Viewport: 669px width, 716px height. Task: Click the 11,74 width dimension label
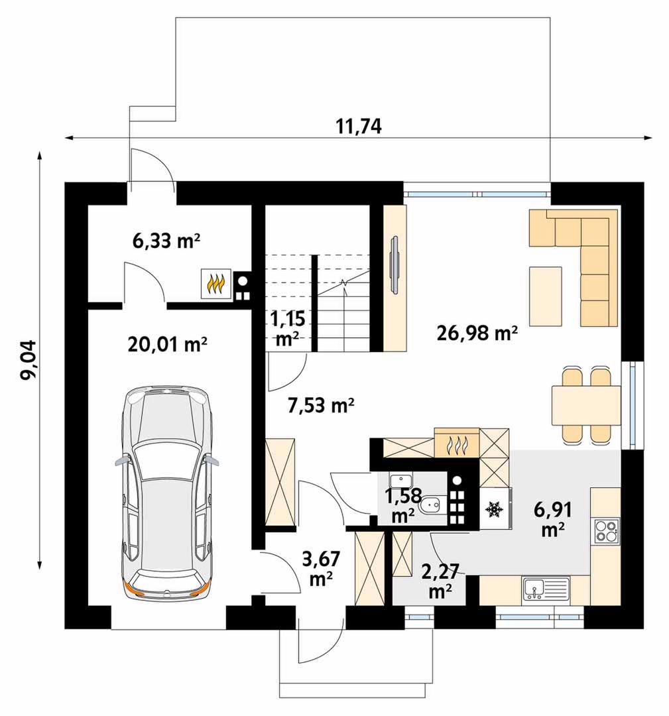[359, 126]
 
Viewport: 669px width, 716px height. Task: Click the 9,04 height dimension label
[29, 360]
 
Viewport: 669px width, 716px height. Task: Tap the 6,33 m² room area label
[166, 241]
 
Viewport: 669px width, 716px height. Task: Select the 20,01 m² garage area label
[167, 344]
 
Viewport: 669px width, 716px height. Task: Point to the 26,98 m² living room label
[477, 333]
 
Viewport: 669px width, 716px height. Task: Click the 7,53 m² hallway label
[321, 405]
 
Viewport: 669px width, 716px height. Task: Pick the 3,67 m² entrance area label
[322, 569]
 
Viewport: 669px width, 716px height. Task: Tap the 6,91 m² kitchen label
[553, 519]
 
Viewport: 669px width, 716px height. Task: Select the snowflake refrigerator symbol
[493, 508]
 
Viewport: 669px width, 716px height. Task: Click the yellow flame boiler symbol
[217, 284]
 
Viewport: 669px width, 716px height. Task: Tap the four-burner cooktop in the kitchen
[606, 530]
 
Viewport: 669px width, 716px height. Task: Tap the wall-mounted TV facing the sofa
[394, 263]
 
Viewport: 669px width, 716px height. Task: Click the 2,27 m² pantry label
[440, 581]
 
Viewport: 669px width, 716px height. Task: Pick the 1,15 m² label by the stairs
[288, 328]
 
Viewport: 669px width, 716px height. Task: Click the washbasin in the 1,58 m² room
[401, 481]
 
